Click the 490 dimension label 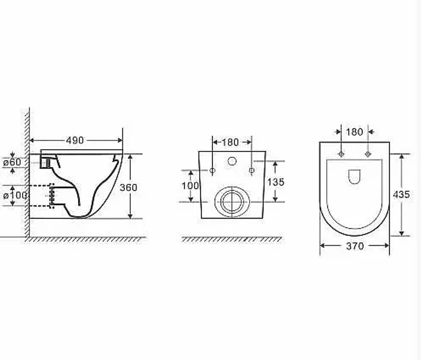pos(75,140)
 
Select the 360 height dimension pos(128,187)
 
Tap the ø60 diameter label pos(12,162)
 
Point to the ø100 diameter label pos(15,195)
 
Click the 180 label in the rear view pos(230,142)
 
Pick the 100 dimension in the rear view pos(190,186)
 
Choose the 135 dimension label pos(276,182)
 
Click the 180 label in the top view pos(354,132)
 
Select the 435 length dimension pos(401,194)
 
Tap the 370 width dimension pos(355,246)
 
